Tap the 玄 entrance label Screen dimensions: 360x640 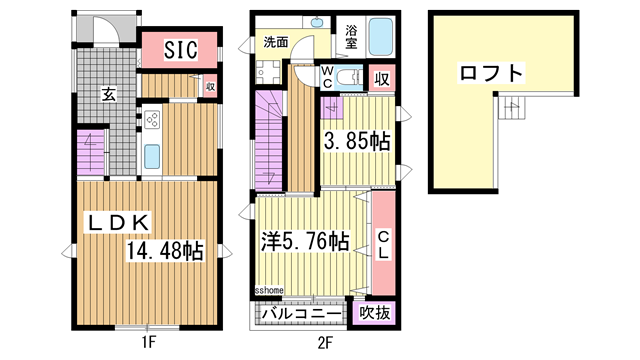[106, 94]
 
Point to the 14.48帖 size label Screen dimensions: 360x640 [165, 251]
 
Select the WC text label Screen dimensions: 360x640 [328, 77]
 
